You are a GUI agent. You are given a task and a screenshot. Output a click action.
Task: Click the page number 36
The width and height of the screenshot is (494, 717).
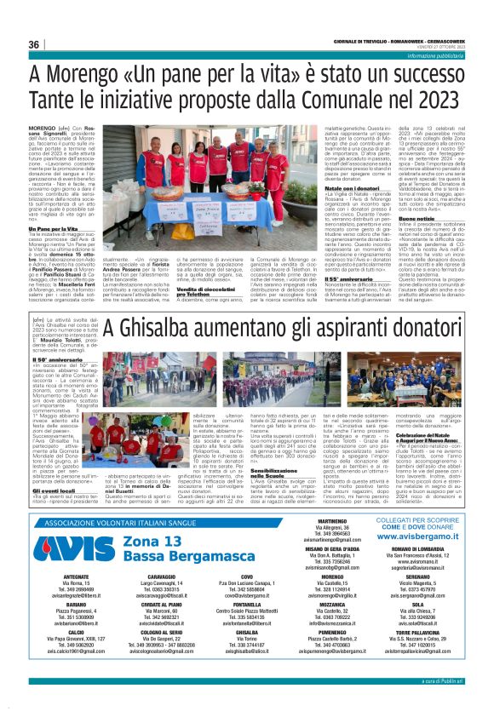pyautogui.click(x=34, y=44)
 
